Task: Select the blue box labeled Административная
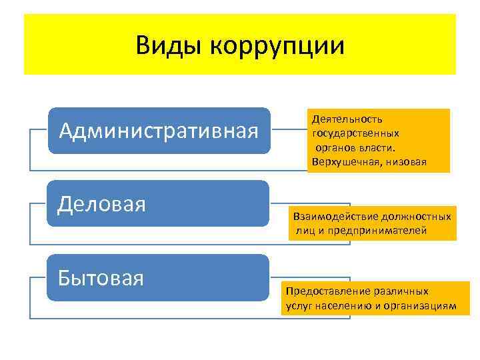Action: (159, 131)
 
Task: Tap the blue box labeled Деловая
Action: (159, 204)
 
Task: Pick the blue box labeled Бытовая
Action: (159, 277)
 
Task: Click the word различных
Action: (398, 291)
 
